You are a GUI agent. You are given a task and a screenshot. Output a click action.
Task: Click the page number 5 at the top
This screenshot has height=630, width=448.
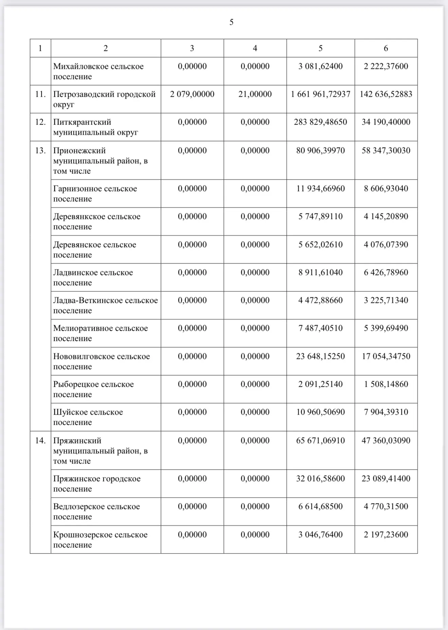pyautogui.click(x=231, y=22)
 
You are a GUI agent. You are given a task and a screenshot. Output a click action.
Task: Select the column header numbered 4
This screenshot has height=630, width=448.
pyautogui.click(x=255, y=48)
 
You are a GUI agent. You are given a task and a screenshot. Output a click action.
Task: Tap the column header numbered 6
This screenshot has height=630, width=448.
pyautogui.click(x=386, y=48)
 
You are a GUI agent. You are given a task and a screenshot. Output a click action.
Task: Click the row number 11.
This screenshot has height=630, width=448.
pyautogui.click(x=40, y=94)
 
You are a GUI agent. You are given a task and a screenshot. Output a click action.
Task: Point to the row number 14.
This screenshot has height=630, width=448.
pyautogui.click(x=40, y=440)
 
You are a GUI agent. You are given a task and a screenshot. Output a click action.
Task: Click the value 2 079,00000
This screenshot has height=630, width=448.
pyautogui.click(x=192, y=94)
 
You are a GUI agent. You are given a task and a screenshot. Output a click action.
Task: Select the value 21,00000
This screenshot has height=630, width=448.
pyautogui.click(x=255, y=94)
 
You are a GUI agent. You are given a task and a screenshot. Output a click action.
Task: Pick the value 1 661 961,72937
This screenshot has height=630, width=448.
pyautogui.click(x=320, y=94)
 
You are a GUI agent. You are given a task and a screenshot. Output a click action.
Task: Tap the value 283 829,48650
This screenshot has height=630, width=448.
pyautogui.click(x=320, y=122)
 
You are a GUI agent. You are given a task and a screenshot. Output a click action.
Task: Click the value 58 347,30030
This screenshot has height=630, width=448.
pyautogui.click(x=386, y=150)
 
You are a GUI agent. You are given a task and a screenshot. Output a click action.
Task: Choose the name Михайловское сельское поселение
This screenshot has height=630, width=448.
pyautogui.click(x=98, y=71)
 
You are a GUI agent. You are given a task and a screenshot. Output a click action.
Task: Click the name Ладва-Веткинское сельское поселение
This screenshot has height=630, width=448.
pyautogui.click(x=105, y=305)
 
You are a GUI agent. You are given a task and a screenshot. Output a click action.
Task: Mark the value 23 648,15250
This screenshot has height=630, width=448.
pyautogui.click(x=320, y=356)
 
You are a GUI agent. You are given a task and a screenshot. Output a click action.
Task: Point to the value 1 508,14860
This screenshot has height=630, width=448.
pyautogui.click(x=386, y=384)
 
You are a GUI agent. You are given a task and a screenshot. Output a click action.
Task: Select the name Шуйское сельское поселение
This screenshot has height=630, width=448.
pyautogui.click(x=88, y=417)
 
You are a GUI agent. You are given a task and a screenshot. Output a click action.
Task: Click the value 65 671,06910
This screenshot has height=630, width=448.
pyautogui.click(x=320, y=440)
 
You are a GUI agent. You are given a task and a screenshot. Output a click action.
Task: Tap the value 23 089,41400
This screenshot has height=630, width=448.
pyautogui.click(x=386, y=479)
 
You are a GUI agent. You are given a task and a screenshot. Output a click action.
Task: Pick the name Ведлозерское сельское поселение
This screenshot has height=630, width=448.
pyautogui.click(x=96, y=511)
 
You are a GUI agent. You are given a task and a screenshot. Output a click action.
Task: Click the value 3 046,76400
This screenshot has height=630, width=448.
pyautogui.click(x=320, y=535)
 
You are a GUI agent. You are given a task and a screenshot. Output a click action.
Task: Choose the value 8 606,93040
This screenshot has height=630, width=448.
pyautogui.click(x=386, y=188)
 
